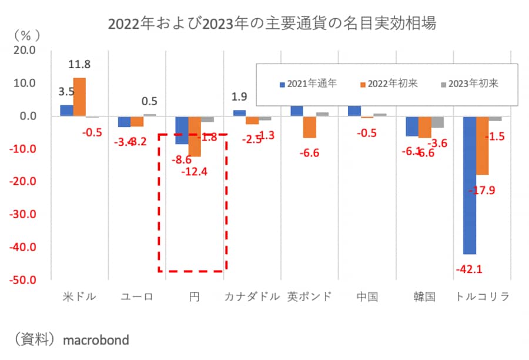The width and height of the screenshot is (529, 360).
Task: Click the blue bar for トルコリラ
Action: [x=470, y=185]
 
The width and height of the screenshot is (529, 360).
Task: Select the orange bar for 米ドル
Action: [x=79, y=97]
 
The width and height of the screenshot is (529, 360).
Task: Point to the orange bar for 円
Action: [x=195, y=136]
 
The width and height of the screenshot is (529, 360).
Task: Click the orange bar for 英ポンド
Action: [x=310, y=127]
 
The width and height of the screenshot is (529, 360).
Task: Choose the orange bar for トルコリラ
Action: [x=482, y=145]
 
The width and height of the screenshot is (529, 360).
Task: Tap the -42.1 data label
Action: [x=469, y=270]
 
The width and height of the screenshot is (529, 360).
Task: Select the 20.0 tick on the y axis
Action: [x=25, y=51]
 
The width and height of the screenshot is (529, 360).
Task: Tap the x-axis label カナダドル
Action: [x=252, y=296]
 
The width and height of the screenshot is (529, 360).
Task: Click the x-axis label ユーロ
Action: [x=137, y=296]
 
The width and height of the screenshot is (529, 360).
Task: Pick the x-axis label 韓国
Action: [x=424, y=296]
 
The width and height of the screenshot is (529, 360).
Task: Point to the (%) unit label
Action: [x=25, y=34]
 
